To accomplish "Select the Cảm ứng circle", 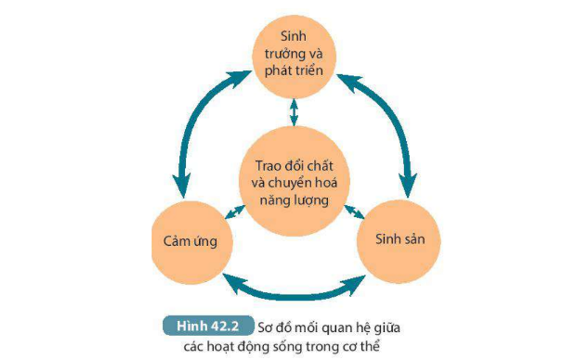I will coord(190,242).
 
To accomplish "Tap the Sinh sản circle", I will coord(400,240).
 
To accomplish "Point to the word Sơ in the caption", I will coord(266,327).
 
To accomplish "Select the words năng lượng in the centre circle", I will coord(294,200).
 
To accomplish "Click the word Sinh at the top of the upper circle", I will coord(294,37).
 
